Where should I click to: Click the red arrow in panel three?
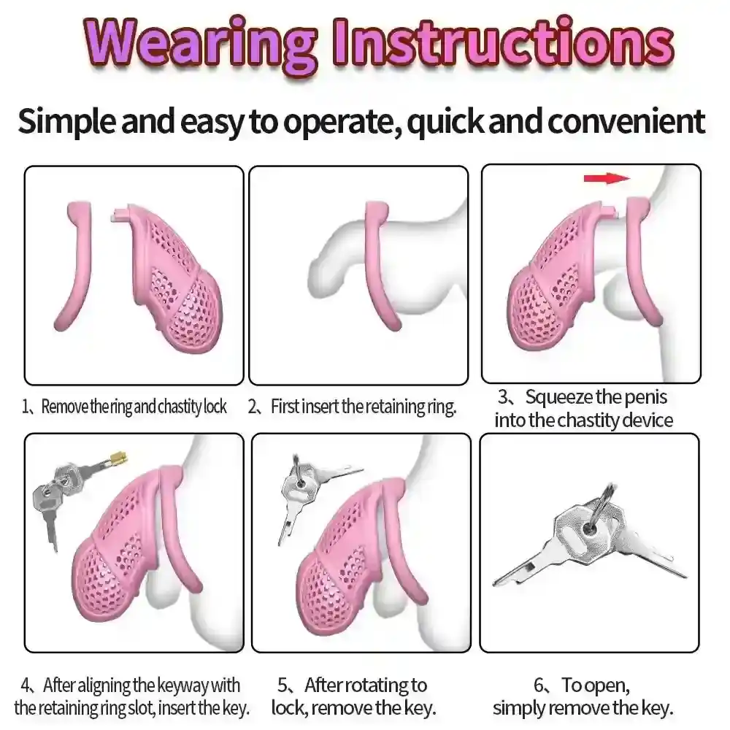[607, 178]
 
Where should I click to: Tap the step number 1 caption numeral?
[25, 407]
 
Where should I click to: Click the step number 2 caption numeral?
[253, 407]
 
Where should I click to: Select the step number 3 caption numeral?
[503, 396]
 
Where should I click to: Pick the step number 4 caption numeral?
[26, 685]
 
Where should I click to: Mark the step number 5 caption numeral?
[283, 685]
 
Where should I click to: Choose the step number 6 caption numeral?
[539, 685]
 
